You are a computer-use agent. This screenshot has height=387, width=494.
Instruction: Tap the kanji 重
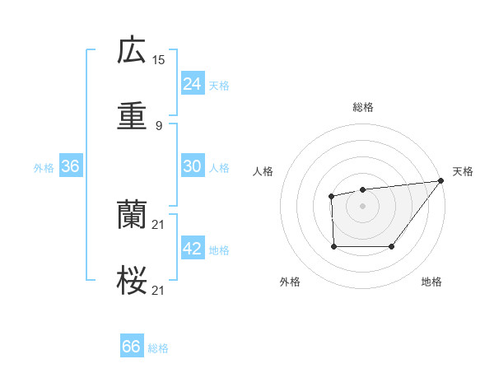click(x=132, y=117)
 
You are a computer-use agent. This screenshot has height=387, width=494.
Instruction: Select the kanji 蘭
click(x=132, y=216)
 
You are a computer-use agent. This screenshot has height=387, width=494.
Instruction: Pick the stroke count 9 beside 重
click(x=159, y=125)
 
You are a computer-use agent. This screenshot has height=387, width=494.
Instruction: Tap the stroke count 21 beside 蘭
click(x=159, y=224)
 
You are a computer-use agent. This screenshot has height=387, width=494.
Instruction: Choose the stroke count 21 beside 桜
click(x=159, y=290)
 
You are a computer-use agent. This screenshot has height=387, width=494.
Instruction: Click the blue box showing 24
click(x=192, y=84)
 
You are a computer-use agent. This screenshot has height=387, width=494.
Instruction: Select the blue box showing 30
click(x=192, y=166)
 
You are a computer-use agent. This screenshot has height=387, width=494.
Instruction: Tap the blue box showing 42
click(x=192, y=249)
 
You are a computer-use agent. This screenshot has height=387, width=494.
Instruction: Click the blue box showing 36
click(x=70, y=166)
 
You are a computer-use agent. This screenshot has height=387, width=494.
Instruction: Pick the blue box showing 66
click(x=132, y=347)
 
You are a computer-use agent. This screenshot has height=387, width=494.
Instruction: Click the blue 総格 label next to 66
click(x=158, y=348)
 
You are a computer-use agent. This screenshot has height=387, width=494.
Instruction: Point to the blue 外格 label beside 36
click(x=44, y=168)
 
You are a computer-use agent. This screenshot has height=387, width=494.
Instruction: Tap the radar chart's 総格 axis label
click(x=362, y=107)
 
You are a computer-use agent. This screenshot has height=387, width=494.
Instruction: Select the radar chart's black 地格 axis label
click(x=431, y=282)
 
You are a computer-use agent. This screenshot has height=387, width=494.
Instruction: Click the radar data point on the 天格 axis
click(x=440, y=181)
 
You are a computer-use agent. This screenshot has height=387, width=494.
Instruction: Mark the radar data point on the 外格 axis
click(x=333, y=245)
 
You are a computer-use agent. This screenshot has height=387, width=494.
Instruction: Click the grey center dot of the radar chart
click(x=362, y=206)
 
